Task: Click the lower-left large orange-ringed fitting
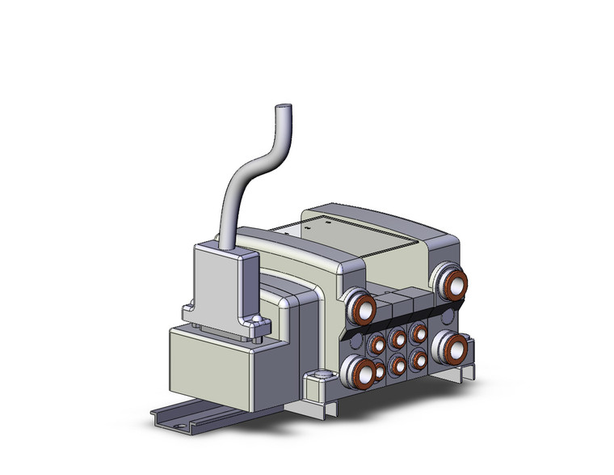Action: pos(358,372)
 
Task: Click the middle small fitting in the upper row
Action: pos(398,339)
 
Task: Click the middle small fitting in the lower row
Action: pos(398,366)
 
